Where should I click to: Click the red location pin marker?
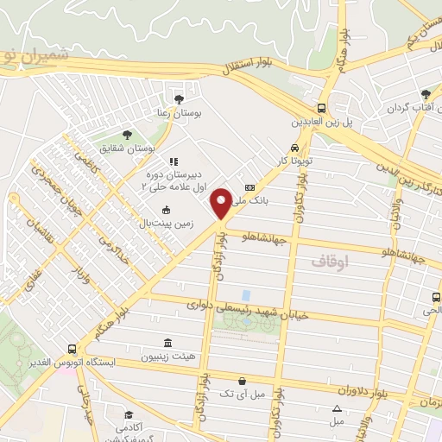tap(221, 203)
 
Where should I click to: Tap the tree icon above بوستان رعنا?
tap(179, 98)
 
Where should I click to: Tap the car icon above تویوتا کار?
tap(296, 148)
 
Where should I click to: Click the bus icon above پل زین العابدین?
tap(321, 108)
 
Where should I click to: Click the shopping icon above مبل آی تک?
tap(242, 381)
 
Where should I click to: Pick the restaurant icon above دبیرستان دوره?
tap(173, 161)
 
